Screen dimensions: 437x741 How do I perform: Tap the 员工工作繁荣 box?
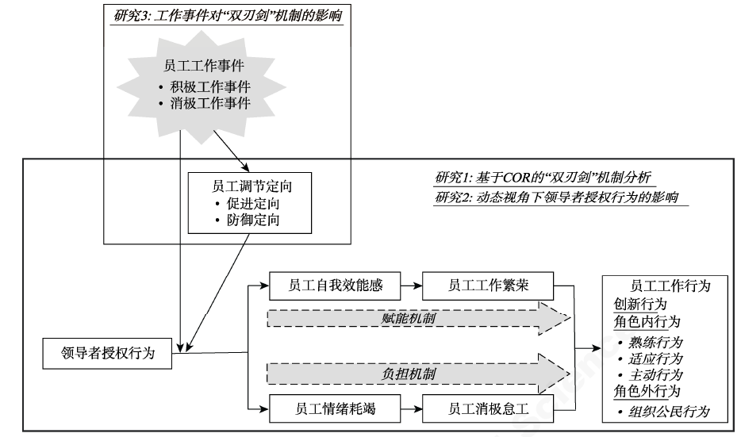(x=487, y=285)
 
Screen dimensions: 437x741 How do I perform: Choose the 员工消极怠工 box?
(x=487, y=409)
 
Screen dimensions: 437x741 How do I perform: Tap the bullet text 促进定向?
(x=250, y=204)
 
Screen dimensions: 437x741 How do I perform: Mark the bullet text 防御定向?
(x=250, y=220)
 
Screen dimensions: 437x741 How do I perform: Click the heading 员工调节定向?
(x=244, y=186)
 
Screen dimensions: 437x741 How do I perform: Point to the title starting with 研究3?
(x=229, y=16)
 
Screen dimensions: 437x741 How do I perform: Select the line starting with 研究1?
(x=543, y=176)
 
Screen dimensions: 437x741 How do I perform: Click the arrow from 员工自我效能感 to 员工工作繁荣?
(x=409, y=285)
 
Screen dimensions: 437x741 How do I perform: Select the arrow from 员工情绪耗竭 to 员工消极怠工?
(x=409, y=409)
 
